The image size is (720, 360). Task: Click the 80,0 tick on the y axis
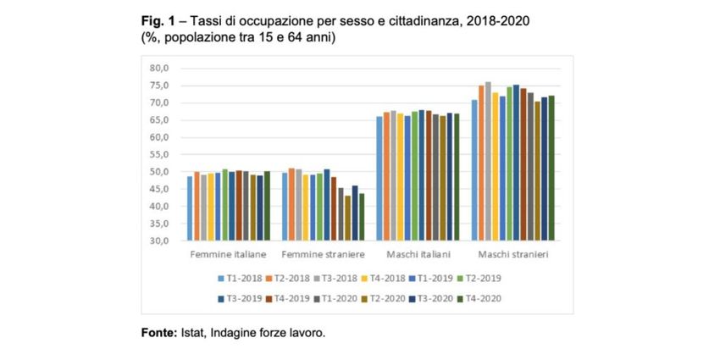[160, 68]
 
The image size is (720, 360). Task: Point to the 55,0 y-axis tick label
[160, 154]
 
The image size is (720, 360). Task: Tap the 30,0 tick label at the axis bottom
[160, 241]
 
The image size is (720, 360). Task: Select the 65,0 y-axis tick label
[160, 119]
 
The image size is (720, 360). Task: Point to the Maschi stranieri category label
[512, 254]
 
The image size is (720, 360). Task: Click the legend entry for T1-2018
[241, 277]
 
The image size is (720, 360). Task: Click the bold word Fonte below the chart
[158, 332]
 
